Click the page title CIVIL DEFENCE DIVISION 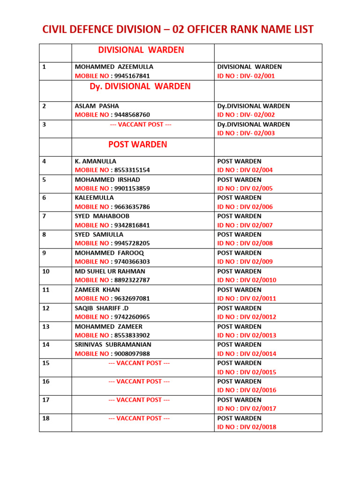[178, 30]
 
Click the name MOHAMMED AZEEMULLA [114, 67]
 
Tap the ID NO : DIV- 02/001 [246, 76]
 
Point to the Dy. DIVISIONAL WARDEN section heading [140, 87]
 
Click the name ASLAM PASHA [97, 106]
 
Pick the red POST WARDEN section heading [137, 144]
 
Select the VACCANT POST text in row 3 [141, 124]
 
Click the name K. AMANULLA [96, 161]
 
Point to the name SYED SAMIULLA [99, 234]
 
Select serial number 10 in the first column [46, 271]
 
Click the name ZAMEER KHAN [97, 290]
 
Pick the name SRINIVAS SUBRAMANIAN [113, 345]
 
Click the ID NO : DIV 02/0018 [247, 427]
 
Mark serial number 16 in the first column [46, 382]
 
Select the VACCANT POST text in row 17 [139, 400]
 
